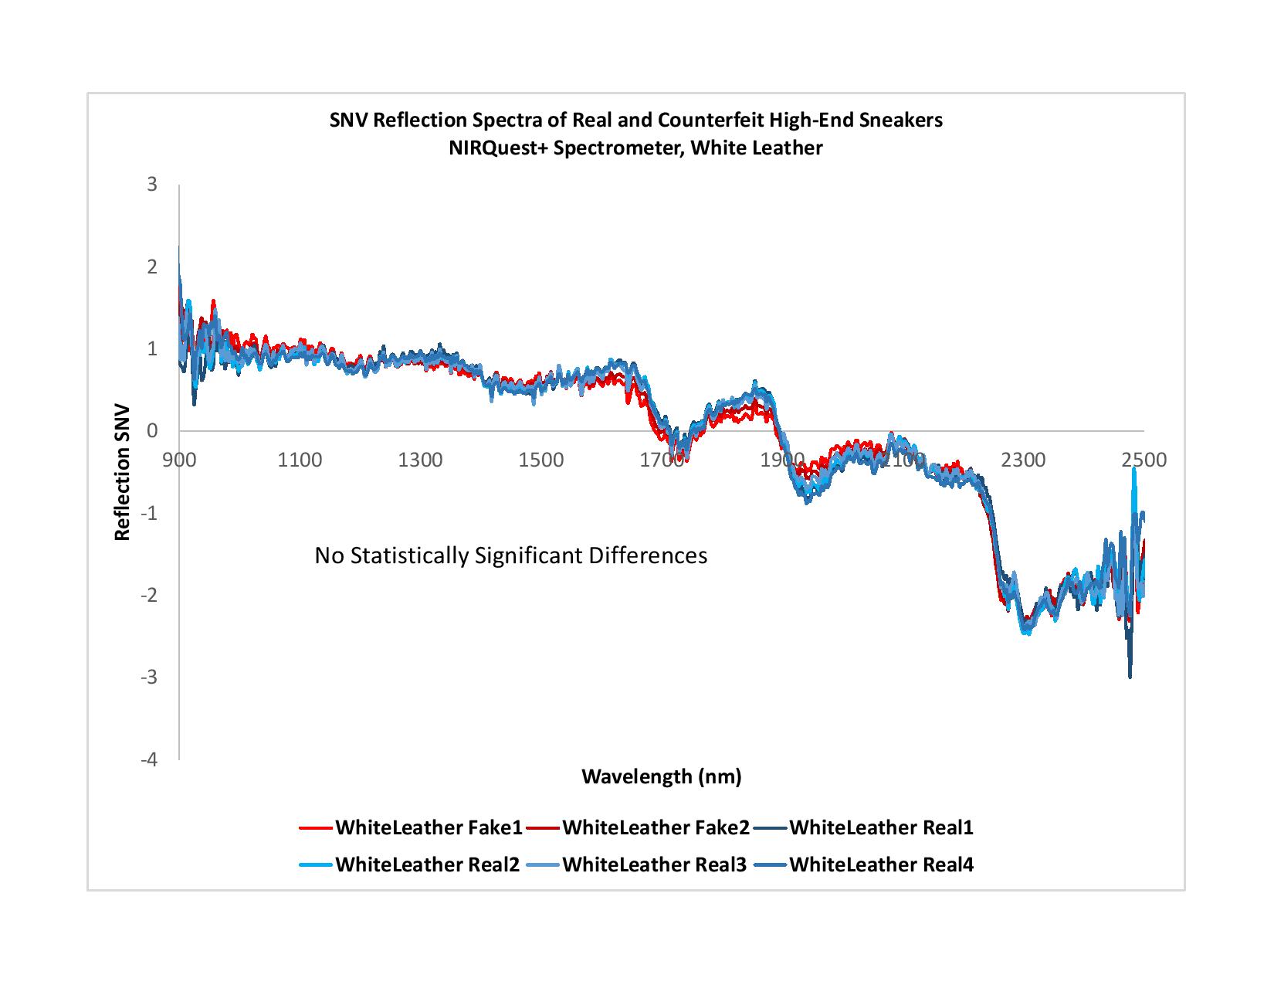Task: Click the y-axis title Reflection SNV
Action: point(122,472)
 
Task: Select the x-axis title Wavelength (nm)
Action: point(661,776)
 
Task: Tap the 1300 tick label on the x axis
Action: point(420,460)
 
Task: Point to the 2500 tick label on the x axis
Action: point(1144,460)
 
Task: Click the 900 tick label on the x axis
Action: point(179,460)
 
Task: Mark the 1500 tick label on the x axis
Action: point(540,460)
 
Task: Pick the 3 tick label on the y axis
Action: point(152,185)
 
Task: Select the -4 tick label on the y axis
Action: point(149,759)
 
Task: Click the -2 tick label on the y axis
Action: point(149,595)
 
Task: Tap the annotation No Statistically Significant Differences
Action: point(510,555)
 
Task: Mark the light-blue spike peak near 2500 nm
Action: point(1134,469)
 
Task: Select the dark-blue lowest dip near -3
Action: point(1130,677)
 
